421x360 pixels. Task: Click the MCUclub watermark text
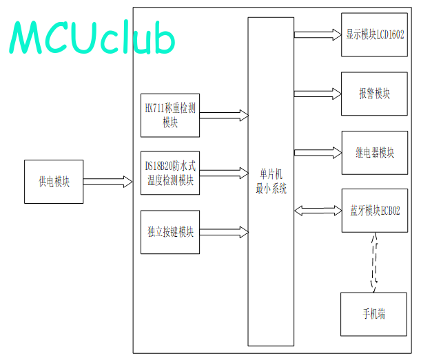pos(92,37)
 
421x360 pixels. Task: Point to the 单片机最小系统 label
pos(271,181)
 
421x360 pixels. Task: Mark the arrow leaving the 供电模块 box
pos(108,182)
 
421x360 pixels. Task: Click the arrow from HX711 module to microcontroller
pos(224,116)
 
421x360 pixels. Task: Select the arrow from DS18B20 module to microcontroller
pos(224,173)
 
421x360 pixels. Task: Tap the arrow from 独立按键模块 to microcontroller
pos(224,232)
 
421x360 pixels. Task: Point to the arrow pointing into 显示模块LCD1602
pos(318,34)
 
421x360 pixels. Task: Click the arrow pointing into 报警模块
pos(318,94)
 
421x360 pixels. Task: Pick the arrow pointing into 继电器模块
pos(318,153)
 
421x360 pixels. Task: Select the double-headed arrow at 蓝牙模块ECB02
pos(318,211)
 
